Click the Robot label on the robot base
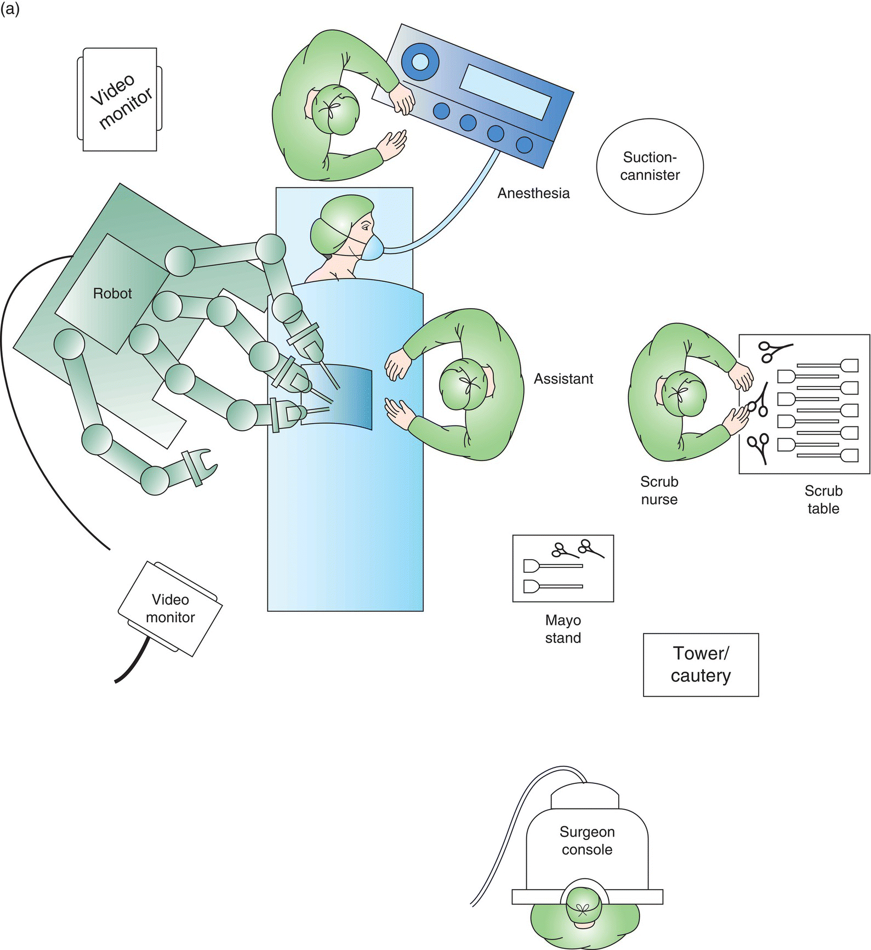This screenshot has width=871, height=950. (112, 294)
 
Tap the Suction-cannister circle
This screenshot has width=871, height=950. (650, 166)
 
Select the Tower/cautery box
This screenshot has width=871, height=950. (701, 664)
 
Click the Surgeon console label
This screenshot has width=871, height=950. (587, 840)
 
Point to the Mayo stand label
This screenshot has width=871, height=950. (563, 629)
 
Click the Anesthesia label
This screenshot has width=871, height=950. (533, 193)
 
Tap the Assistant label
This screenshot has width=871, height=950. (563, 379)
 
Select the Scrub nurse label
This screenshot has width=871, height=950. (659, 490)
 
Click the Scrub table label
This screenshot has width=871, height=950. (823, 499)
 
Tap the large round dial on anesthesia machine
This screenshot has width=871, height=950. (420, 61)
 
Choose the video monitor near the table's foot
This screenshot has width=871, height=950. (170, 608)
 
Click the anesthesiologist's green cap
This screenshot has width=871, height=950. (334, 110)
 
